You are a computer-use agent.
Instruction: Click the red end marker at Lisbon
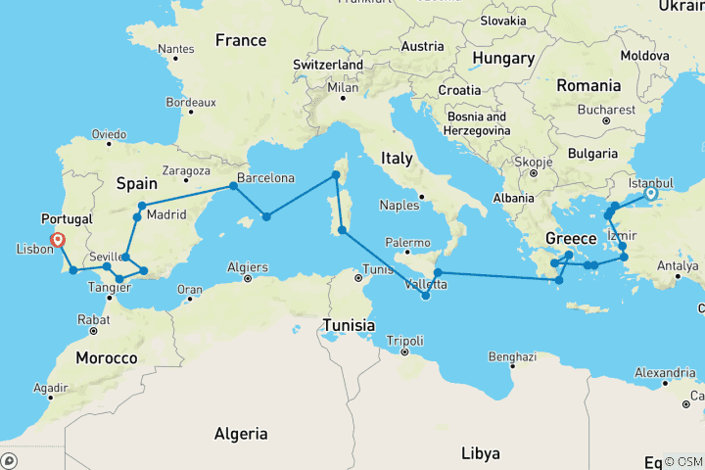point(59,239)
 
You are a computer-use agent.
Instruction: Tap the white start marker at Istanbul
point(648,195)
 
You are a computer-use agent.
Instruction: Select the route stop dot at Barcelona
point(233,185)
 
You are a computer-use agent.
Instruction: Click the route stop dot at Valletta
point(425,296)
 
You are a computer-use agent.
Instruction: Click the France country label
point(241,40)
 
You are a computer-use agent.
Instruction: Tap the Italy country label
point(398,158)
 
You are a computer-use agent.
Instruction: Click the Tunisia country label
point(352,324)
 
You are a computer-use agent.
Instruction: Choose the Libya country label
point(481,453)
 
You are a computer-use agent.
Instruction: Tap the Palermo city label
point(407,242)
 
